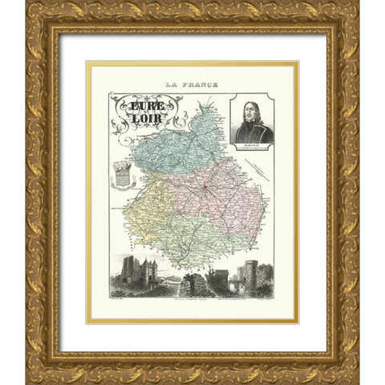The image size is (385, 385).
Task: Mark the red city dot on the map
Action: point(205,190)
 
